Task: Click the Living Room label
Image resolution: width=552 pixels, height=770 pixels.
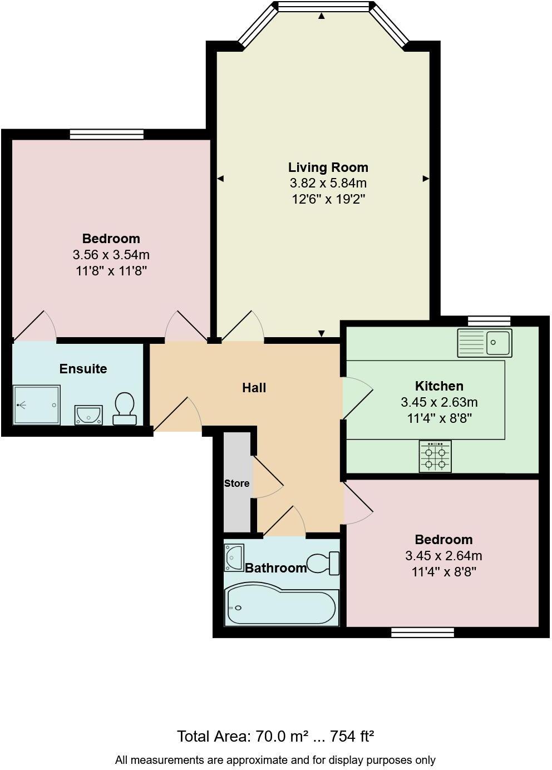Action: click(x=328, y=167)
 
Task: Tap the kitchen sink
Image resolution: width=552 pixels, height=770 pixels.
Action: click(x=485, y=343)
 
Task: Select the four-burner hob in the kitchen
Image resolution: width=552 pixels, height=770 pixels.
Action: click(x=435, y=456)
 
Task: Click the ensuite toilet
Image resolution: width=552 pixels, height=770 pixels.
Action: click(x=125, y=409)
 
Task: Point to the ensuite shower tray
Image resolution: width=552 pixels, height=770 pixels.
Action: click(x=37, y=405)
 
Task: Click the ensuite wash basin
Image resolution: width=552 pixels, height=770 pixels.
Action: click(x=88, y=414)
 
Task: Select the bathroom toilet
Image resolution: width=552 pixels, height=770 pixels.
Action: click(x=324, y=563)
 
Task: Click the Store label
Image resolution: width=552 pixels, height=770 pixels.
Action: click(x=236, y=483)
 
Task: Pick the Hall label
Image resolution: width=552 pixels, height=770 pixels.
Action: click(x=254, y=388)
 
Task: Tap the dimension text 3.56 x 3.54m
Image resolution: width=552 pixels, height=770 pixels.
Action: click(x=111, y=255)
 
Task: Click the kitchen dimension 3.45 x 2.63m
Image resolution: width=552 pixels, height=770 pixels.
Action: click(x=439, y=402)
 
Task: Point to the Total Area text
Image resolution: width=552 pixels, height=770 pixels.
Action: click(x=275, y=737)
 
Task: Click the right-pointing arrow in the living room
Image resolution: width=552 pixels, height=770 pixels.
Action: click(x=426, y=179)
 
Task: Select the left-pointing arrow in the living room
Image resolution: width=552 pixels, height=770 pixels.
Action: click(x=220, y=179)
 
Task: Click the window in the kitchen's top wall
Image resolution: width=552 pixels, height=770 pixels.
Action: click(x=489, y=320)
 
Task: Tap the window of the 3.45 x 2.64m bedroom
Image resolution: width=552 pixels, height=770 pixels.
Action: click(x=422, y=632)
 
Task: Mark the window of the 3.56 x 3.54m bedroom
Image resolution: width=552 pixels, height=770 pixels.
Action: click(x=107, y=134)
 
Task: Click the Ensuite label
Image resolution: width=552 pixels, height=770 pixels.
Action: click(x=83, y=369)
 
